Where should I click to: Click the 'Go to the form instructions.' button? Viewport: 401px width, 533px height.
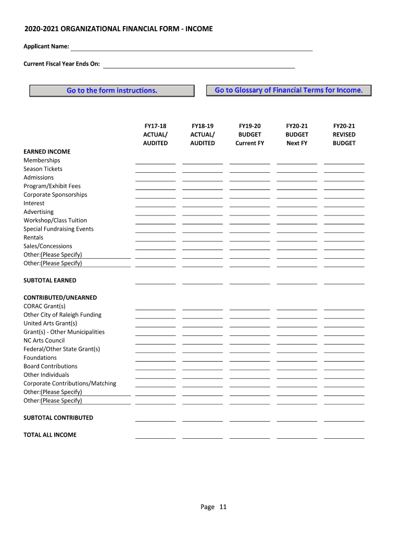pyautogui.click(x=112, y=91)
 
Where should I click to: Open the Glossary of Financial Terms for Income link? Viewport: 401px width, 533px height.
pyautogui.click(x=289, y=90)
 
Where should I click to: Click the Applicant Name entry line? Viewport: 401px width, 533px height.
pyautogui.click(x=191, y=47)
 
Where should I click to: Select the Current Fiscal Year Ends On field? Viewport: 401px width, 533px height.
pyautogui.click(x=199, y=64)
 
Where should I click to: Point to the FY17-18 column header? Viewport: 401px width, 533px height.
pyautogui.click(x=155, y=134)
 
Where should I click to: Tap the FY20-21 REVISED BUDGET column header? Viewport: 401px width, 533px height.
pyautogui.click(x=344, y=134)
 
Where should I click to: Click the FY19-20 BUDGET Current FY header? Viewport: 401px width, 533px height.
pyautogui.click(x=249, y=134)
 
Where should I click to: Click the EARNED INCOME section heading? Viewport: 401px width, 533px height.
pyautogui.click(x=47, y=151)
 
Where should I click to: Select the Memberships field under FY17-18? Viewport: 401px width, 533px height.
pyautogui.click(x=155, y=160)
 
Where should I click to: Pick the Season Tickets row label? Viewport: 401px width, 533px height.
pyautogui.click(x=43, y=169)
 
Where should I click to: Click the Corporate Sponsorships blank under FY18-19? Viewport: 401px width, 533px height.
pyautogui.click(x=203, y=195)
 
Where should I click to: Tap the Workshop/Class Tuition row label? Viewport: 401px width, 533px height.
pyautogui.click(x=55, y=220)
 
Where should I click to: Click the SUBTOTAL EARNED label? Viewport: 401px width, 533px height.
pyautogui.click(x=49, y=281)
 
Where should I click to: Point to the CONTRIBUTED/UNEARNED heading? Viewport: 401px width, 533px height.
pyautogui.click(x=60, y=298)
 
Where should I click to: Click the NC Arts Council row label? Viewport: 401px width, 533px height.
pyautogui.click(x=44, y=340)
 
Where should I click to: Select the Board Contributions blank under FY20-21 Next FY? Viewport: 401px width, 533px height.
pyautogui.click(x=297, y=366)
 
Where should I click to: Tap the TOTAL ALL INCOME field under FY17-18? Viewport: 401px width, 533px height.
pyautogui.click(x=155, y=435)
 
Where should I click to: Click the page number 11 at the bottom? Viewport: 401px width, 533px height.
pyautogui.click(x=223, y=507)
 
